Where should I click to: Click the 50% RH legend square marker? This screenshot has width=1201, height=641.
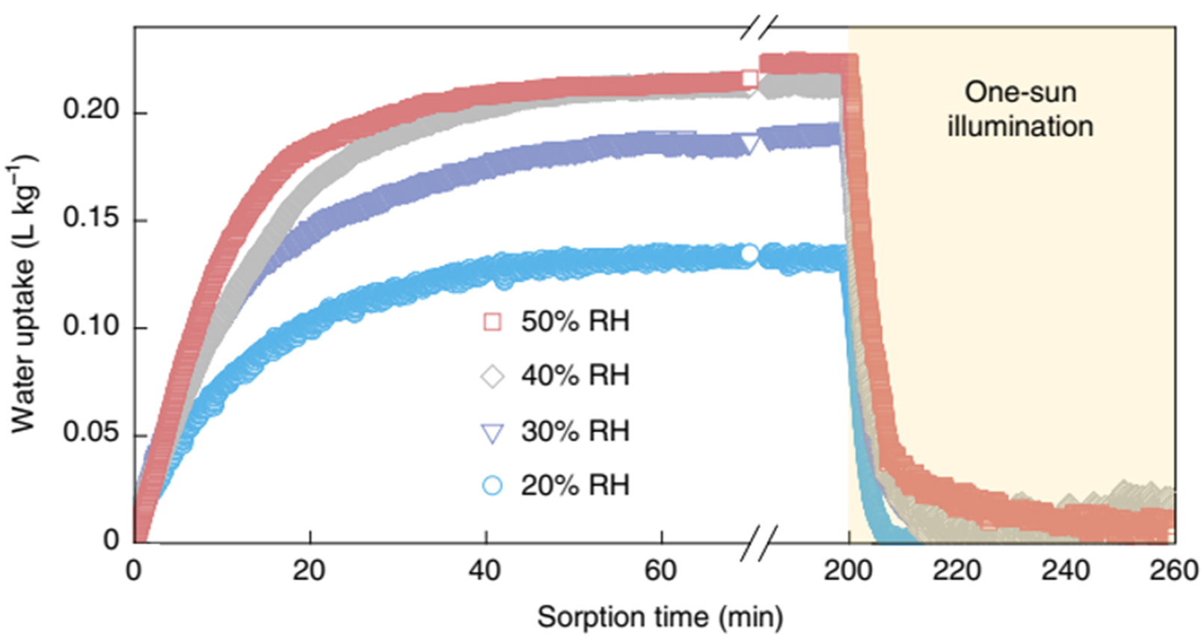click(x=492, y=322)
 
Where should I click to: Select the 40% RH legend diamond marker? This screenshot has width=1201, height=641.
click(x=492, y=376)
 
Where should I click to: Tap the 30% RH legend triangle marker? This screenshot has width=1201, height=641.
click(x=492, y=433)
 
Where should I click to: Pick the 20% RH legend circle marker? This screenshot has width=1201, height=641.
click(x=492, y=485)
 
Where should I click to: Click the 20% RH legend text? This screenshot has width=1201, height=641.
click(x=575, y=485)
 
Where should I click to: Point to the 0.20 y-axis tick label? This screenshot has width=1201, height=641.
click(x=90, y=110)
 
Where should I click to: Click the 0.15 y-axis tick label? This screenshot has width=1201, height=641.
click(x=90, y=218)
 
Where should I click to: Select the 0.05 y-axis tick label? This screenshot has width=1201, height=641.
click(x=90, y=432)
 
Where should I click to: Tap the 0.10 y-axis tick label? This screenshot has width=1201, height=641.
click(x=90, y=325)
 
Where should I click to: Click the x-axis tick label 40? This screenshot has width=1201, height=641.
click(x=485, y=571)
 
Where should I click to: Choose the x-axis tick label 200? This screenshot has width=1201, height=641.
click(x=848, y=571)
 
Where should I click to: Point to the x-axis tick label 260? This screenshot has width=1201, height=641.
click(x=1174, y=571)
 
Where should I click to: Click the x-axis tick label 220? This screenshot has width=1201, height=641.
click(x=956, y=571)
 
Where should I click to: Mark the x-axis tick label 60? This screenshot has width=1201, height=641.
click(x=661, y=571)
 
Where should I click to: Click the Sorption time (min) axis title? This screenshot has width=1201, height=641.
click(x=660, y=618)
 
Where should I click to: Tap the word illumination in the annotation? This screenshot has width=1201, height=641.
click(x=1020, y=126)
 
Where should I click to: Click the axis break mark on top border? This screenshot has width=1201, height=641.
click(x=759, y=28)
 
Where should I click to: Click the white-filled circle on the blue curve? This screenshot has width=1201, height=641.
click(x=749, y=254)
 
